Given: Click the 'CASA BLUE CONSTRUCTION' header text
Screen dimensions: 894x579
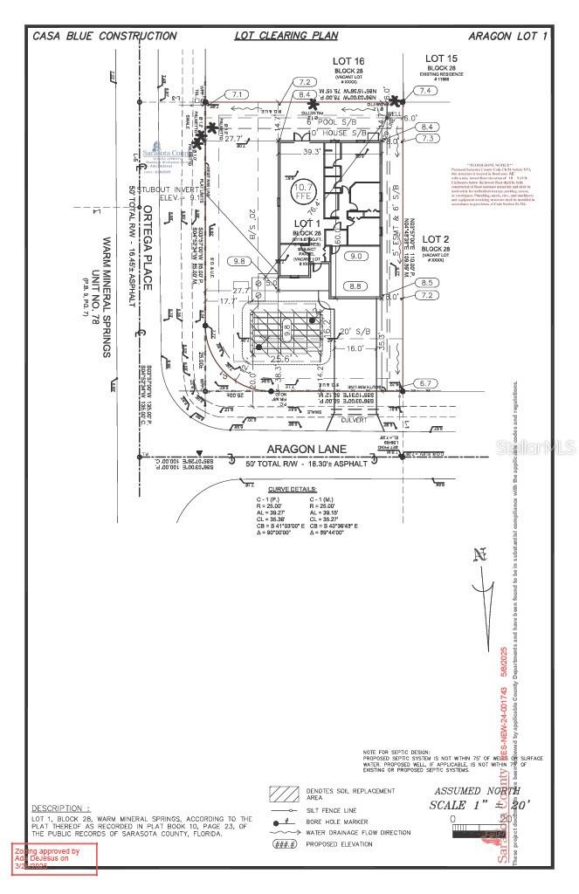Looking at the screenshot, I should coord(104,36).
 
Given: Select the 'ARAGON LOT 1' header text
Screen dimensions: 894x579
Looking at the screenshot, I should coord(507,36).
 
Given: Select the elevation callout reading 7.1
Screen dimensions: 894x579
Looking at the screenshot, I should coord(235,94).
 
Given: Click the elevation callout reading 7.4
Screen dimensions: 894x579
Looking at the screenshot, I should coord(425,91).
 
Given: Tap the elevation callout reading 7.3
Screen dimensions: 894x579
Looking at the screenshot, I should coord(428,138).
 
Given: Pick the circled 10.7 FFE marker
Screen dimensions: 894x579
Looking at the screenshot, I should coord(303,192).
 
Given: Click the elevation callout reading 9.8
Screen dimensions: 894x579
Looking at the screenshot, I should coord(238,261).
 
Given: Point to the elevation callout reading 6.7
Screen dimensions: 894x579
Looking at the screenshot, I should coord(426,383).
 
